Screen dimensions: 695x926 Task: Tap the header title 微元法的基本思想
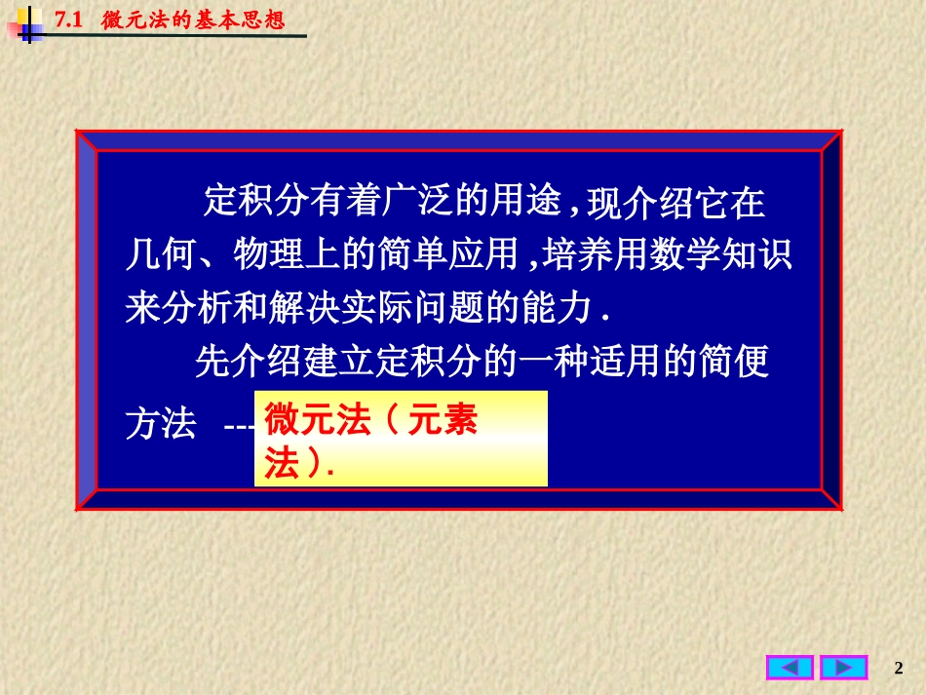click(x=193, y=19)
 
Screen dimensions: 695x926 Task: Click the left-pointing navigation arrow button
click(x=790, y=668)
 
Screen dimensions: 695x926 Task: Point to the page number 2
click(x=899, y=668)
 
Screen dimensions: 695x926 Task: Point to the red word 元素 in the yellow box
click(x=443, y=423)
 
